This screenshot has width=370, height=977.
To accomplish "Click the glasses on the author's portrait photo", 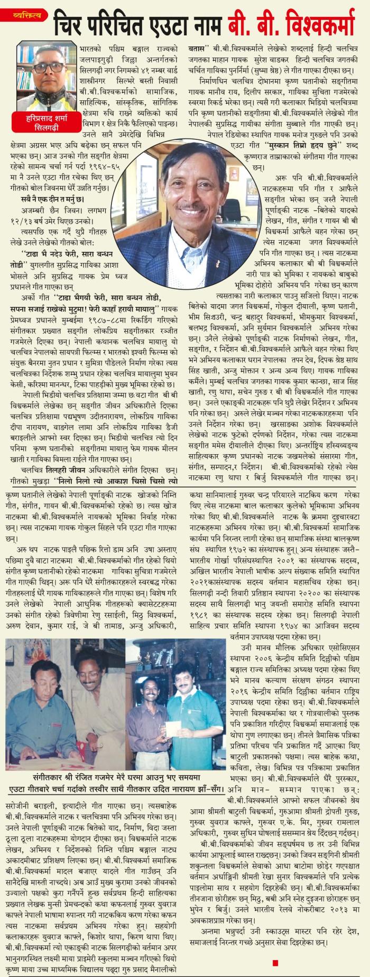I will coord(43,59).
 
